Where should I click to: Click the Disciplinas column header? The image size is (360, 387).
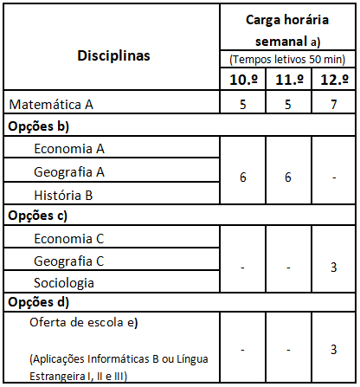(111, 55)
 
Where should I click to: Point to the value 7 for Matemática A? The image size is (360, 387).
(333, 105)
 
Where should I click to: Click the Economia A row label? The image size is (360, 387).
(69, 148)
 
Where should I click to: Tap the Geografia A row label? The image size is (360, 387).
(70, 171)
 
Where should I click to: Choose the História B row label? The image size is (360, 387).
(64, 194)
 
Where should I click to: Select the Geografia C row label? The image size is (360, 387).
(70, 261)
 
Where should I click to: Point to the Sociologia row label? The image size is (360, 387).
(64, 282)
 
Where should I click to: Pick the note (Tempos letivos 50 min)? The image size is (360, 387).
(288, 59)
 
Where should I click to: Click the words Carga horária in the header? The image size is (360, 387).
(288, 19)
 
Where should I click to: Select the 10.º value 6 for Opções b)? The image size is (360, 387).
(243, 176)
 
